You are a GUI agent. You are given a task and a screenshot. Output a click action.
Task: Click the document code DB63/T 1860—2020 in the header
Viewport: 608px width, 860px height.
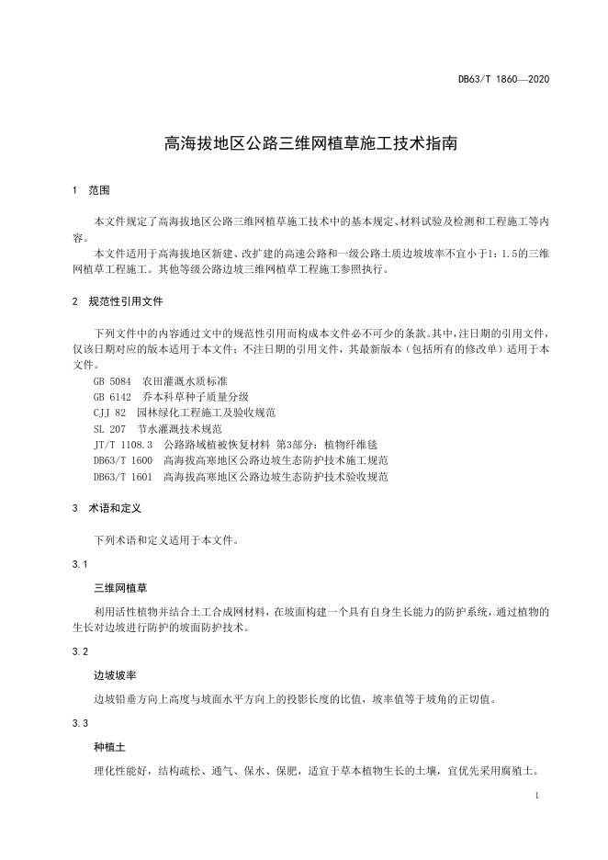coord(503,80)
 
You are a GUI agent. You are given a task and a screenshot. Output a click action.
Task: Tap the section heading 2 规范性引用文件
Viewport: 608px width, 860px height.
coord(119,301)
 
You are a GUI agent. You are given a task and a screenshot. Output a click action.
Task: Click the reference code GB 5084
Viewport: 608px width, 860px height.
coord(113,379)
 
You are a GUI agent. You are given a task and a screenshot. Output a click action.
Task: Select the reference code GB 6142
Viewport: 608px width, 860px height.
coord(113,396)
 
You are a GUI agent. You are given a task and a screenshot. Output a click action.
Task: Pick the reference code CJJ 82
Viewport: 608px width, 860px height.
coord(109,413)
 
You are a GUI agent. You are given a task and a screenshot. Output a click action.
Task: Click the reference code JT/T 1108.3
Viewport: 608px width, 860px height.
coord(123,445)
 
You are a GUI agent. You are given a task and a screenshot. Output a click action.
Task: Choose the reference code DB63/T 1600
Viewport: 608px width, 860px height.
coord(123,460)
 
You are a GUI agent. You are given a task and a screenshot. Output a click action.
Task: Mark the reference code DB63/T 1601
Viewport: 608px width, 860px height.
coord(123,477)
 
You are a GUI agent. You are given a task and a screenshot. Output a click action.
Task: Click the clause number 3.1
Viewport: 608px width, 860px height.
coord(79,563)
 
